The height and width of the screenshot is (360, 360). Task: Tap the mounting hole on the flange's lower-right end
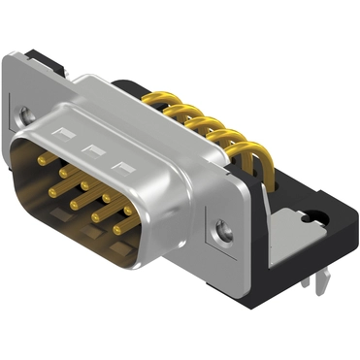(225, 231)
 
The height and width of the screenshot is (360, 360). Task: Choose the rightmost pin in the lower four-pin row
(117, 228)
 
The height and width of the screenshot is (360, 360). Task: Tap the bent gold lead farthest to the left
(175, 99)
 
